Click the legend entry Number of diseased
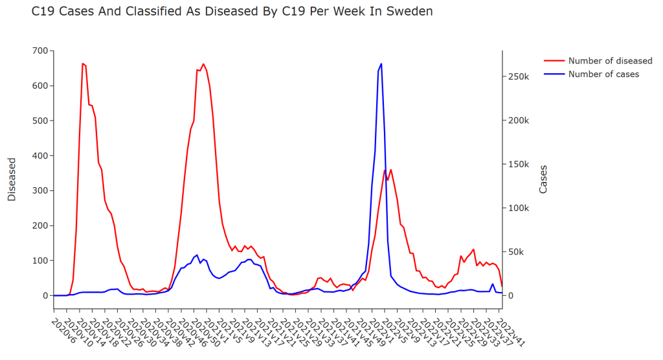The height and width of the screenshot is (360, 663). point(610,61)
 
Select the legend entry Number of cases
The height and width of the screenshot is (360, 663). point(603,74)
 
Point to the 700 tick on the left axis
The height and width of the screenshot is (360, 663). point(38,51)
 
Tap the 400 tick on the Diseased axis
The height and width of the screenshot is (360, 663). point(38,155)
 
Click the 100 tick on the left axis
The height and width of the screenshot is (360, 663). point(38,260)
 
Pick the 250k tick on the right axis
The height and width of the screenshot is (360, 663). point(518,76)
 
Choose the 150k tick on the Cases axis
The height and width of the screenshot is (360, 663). point(518,164)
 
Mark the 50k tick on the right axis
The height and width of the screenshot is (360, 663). point(516,252)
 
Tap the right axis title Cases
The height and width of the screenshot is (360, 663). point(543,179)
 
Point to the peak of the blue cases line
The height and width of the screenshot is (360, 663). point(381,63)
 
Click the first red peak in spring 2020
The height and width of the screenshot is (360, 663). point(83,63)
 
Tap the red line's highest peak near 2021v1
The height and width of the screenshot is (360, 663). point(203,64)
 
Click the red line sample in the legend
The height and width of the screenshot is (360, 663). point(554,61)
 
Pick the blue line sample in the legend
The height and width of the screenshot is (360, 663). point(554,74)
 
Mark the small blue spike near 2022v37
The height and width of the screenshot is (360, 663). point(493,284)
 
